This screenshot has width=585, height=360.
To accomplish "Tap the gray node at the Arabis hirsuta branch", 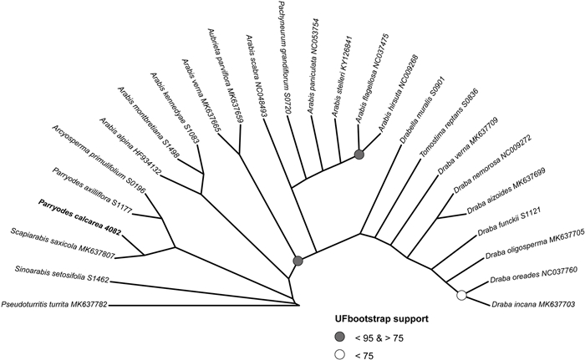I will pos(359,155).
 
